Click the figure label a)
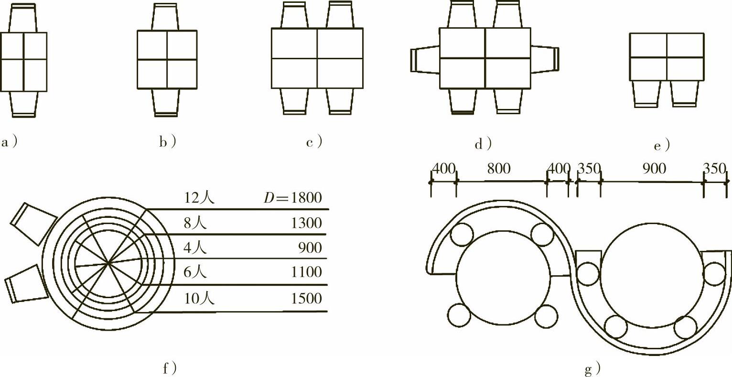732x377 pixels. tap(10, 142)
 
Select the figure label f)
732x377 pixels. tap(170, 368)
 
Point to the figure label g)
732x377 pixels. tap(592, 369)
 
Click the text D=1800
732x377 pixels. tap(293, 198)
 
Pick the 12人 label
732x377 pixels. tap(199, 198)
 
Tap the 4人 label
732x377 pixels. tap(195, 248)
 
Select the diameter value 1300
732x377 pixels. tap(306, 223)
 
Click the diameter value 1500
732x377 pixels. tap(306, 299)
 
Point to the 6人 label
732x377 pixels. tap(195, 272)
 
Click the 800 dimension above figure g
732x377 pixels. tap(499, 169)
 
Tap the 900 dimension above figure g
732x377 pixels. tap(654, 169)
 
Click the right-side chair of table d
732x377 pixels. tap(545, 59)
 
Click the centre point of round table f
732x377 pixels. tap(109, 262)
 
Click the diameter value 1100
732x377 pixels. tap(306, 272)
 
